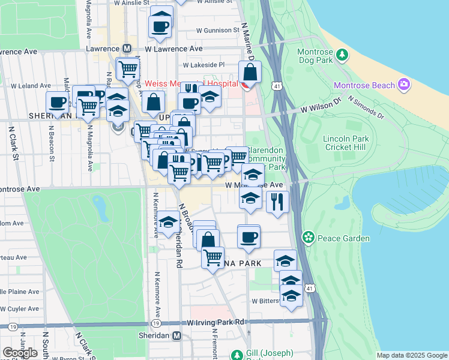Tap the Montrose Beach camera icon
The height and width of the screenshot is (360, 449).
403,85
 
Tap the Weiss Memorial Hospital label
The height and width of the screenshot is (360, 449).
191,83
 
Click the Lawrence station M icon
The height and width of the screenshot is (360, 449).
127,48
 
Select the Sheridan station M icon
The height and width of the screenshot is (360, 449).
176,336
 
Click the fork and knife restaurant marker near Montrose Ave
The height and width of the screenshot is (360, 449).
277,201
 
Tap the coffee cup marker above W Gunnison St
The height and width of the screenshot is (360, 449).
161,25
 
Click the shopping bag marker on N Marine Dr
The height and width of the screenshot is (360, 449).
249,73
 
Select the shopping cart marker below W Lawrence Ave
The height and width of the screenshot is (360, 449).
127,69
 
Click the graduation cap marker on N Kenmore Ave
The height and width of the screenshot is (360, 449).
169,224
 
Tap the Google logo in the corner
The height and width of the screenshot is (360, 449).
20,352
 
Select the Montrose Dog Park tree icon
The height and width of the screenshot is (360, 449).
342,55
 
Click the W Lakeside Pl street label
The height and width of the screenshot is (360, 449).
203,65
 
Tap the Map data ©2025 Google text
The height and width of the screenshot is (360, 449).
411,355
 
